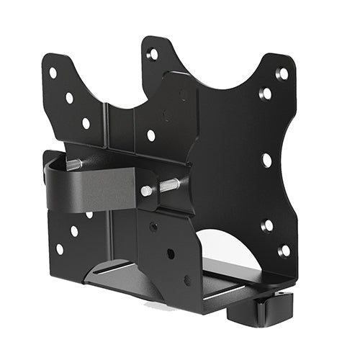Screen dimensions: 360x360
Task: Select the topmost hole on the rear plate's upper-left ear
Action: click(53, 73)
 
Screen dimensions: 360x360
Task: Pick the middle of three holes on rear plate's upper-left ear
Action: click(69, 98)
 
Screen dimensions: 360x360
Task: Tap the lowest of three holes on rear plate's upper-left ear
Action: click(86, 123)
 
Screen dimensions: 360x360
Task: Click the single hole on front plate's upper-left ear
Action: click(153, 54)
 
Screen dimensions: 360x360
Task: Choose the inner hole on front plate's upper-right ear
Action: click(266, 94)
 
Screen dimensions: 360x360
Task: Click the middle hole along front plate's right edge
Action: click(266, 160)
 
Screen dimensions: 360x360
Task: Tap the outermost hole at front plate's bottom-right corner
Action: click(284, 251)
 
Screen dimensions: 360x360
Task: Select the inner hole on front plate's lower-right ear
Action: click(267, 226)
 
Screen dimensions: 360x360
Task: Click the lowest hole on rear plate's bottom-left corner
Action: click(59, 249)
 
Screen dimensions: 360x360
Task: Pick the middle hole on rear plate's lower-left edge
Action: click(74, 231)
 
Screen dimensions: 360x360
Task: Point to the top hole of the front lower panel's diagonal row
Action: click(153, 227)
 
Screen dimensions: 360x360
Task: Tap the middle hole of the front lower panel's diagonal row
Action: click(170, 253)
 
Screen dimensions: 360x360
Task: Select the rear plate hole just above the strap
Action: click(150, 135)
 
